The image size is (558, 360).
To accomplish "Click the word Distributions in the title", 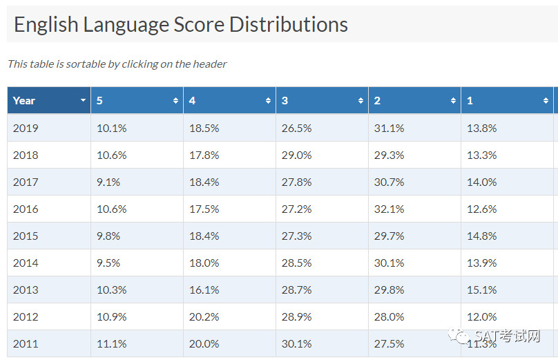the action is pos(288,25).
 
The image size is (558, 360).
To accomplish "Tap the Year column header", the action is pos(49,100).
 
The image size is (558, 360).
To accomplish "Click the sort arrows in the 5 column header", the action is pos(175,101).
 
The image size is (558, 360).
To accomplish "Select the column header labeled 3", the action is pos(322,100).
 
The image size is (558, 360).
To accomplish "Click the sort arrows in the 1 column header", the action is pos(546,101).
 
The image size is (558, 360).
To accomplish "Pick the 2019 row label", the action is pos(26,129).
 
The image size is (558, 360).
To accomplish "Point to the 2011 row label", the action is pos(26,343).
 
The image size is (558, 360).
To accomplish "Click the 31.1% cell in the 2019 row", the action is pos(389,129).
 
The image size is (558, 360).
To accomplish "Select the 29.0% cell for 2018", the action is pos(296,155).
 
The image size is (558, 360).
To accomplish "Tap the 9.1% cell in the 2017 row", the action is pos(108,182).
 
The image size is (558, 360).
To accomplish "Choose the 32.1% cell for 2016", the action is pos(389,209).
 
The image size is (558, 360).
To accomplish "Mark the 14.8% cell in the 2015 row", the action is pos(482,236).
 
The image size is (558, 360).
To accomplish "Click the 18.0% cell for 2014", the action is pos(204,263).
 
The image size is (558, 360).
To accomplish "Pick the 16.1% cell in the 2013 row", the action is pos(204,290).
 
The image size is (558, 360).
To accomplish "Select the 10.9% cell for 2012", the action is pos(111,316).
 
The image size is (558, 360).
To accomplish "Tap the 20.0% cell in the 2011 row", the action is pos(204,343).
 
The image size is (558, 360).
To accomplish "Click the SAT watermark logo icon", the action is pos(459,336).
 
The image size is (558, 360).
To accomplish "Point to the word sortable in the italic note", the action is pos(86,64).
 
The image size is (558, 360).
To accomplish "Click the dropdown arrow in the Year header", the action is pos(83,100).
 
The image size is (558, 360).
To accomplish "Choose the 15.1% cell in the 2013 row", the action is pos(482,290).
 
